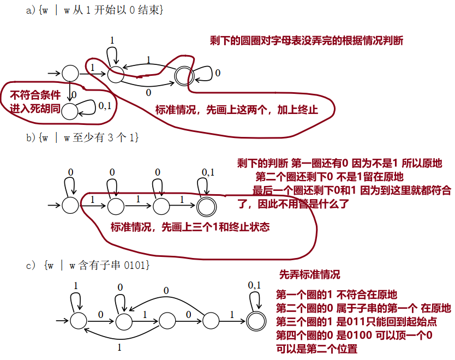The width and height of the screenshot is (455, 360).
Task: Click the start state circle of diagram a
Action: (x=70, y=73)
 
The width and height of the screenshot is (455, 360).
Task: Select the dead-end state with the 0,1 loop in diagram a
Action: (x=70, y=111)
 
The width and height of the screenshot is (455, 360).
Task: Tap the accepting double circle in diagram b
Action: (x=205, y=205)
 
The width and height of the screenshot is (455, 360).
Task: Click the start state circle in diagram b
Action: (x=70, y=205)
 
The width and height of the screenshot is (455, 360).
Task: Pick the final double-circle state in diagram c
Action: (x=255, y=319)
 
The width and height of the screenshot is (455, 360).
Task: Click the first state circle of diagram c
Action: (x=79, y=319)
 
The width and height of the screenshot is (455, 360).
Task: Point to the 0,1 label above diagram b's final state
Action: (x=208, y=172)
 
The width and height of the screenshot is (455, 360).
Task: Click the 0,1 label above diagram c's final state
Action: (x=254, y=285)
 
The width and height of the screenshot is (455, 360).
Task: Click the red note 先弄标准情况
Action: (x=309, y=274)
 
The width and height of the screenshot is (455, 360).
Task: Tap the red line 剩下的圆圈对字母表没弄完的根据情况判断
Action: (x=307, y=40)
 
